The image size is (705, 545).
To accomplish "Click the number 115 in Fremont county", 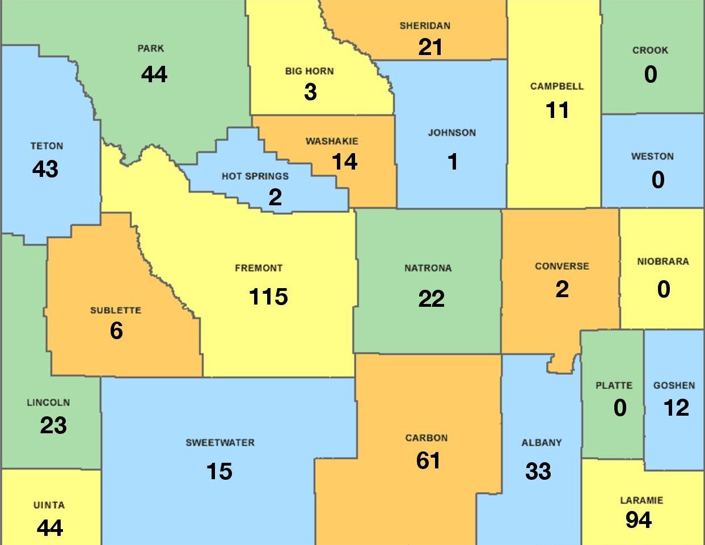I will (268, 297).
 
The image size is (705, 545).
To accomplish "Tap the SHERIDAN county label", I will (425, 26).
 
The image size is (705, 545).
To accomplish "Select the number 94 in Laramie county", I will (639, 520).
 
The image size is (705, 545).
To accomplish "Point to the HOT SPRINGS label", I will (255, 176).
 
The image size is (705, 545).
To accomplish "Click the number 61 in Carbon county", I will (428, 460).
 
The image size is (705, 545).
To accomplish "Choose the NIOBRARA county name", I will (662, 261).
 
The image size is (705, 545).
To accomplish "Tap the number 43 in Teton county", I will (45, 169).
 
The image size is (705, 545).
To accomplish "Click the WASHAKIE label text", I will (332, 141).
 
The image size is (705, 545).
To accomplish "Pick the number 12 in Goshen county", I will (676, 408).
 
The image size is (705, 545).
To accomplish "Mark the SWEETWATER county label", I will (220, 443).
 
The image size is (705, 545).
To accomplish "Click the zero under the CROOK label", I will (651, 74).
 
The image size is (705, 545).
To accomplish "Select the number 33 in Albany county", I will (538, 471).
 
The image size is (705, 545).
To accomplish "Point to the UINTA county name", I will (49, 505).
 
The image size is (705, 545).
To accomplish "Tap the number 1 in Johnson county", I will (453, 162).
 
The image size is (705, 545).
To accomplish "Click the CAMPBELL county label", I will (556, 87).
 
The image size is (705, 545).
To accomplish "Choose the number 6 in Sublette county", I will (116, 331).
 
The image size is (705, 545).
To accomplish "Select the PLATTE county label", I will (614, 386).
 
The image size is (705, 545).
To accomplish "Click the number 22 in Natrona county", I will (431, 299).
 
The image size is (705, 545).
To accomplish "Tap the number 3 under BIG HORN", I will (310, 92).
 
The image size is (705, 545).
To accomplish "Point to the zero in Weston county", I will (657, 180).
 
